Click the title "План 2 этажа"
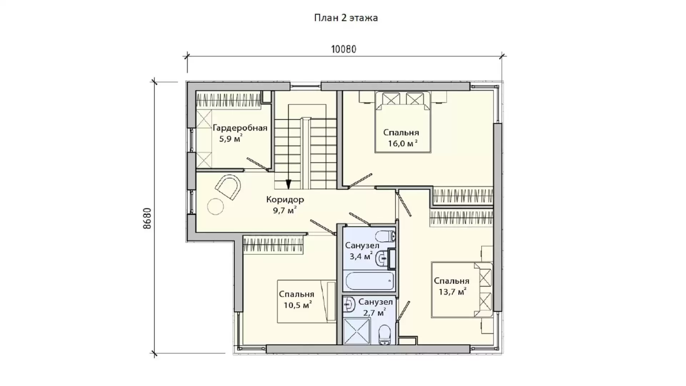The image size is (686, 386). [x=346, y=18]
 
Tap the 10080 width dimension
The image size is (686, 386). [x=344, y=49]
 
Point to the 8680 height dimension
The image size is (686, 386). [x=147, y=218]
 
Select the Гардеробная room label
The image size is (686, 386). [x=240, y=128]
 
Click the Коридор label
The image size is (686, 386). [x=285, y=199]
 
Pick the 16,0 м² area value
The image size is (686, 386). [x=403, y=143]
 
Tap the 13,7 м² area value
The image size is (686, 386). [x=452, y=292]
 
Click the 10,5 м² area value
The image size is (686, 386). [x=298, y=305]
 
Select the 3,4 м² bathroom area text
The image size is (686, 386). [x=361, y=256]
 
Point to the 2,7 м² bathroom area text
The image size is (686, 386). [x=374, y=313]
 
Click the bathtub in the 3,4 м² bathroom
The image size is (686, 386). [x=369, y=281]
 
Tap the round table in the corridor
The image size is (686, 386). [x=216, y=206]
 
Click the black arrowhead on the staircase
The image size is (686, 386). [x=288, y=184]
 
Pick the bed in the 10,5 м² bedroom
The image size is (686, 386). [x=307, y=301]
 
